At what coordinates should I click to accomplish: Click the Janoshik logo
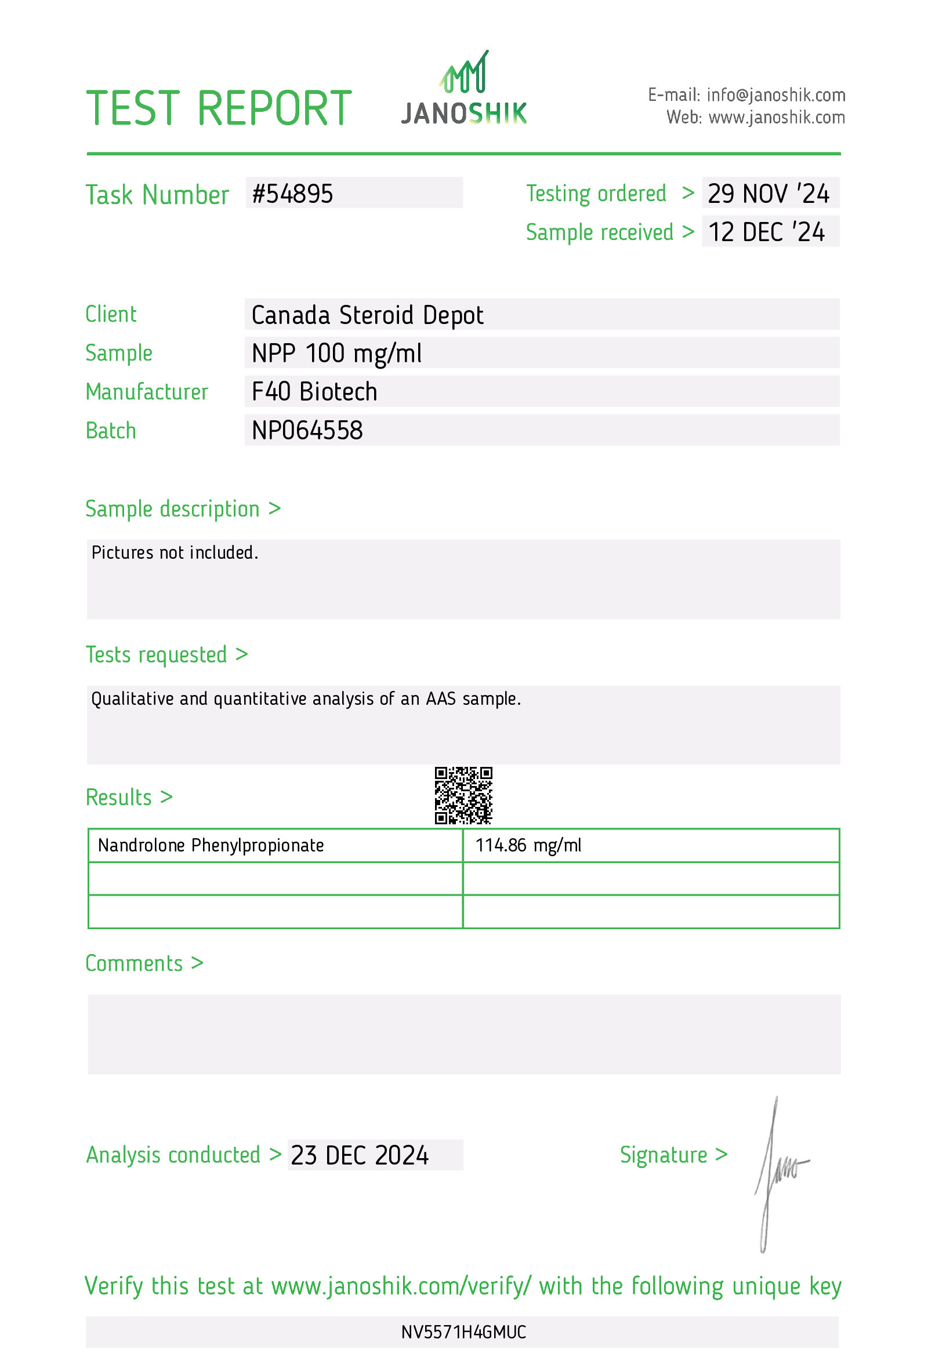(x=464, y=89)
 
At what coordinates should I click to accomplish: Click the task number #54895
(x=293, y=194)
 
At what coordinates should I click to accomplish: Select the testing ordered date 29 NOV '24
(x=768, y=194)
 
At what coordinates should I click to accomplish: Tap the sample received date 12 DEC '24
(x=766, y=232)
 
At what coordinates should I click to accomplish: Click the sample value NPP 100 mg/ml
(x=336, y=353)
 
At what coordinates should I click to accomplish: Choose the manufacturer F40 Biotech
(x=314, y=392)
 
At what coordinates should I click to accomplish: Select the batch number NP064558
(x=307, y=430)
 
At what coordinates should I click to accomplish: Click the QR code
(x=463, y=795)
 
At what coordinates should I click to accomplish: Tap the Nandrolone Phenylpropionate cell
(x=211, y=846)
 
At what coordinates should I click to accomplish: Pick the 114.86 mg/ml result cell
(x=528, y=846)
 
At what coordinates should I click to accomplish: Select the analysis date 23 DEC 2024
(x=360, y=1155)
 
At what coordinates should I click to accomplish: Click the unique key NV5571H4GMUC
(x=463, y=1332)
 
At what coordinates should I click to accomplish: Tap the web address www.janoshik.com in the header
(x=776, y=118)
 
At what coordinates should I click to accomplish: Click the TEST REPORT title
(x=219, y=109)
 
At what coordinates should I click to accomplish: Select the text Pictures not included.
(x=175, y=553)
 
